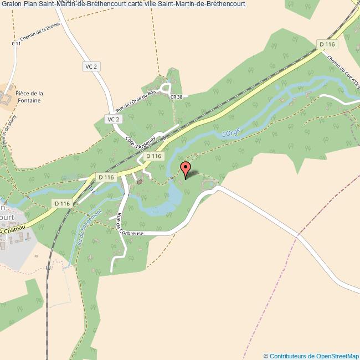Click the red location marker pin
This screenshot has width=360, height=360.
tap(186, 169)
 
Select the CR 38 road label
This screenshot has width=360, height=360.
tap(177, 96)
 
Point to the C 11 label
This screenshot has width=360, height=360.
tap(16, 43)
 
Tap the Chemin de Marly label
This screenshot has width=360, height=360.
tap(7, 133)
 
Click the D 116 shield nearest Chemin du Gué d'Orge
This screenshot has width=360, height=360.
tap(327, 44)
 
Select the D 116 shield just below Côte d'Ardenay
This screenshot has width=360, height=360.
tap(153, 156)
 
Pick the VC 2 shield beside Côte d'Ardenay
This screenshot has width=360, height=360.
tap(113, 119)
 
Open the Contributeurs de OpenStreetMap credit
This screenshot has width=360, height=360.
tap(311, 356)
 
